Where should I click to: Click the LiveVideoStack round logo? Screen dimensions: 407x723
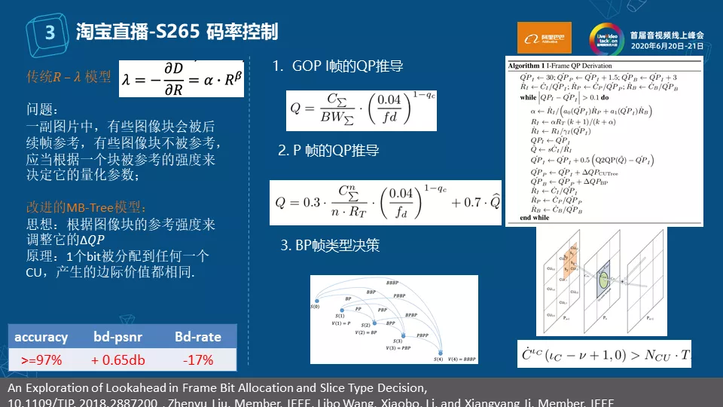tap(606, 38)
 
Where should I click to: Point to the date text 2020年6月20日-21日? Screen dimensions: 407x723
tap(667, 46)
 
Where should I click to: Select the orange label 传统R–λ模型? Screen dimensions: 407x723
tap(69, 77)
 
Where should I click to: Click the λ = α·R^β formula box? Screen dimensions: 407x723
tap(182, 78)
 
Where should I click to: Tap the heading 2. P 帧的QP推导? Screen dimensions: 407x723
tap(328, 151)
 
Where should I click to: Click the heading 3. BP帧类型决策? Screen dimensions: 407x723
tap(331, 245)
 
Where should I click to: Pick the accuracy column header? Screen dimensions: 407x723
tap(41, 337)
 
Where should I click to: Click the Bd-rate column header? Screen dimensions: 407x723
tap(198, 337)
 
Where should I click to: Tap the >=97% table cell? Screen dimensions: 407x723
tap(41, 360)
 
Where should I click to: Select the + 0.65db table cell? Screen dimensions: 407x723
tap(118, 360)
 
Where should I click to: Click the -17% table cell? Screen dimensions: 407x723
tap(198, 360)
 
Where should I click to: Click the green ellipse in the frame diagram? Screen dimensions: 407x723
tap(604, 280)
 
